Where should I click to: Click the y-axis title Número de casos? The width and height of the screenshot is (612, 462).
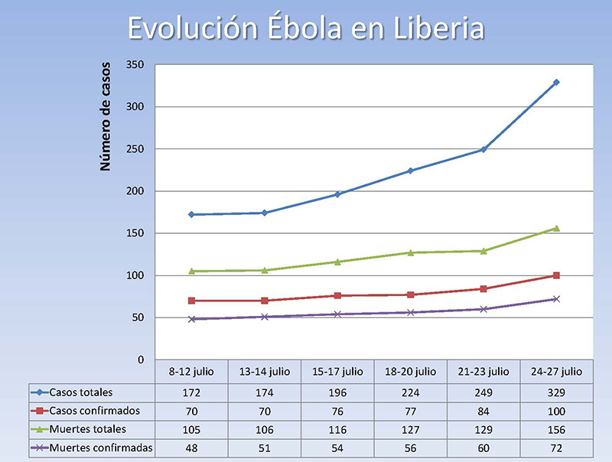[106, 116]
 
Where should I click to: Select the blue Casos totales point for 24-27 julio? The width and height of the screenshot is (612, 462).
[556, 82]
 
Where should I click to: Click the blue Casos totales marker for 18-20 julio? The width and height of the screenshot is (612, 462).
[411, 171]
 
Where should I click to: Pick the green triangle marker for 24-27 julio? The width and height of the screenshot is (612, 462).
[556, 228]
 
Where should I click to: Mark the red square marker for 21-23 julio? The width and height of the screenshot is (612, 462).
[483, 288]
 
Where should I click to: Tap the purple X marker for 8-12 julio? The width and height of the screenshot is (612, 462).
[192, 319]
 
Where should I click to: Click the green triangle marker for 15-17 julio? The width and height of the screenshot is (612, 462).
[338, 262]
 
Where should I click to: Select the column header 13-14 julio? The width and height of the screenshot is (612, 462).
[265, 372]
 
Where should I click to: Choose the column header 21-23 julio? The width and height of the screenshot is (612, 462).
[483, 372]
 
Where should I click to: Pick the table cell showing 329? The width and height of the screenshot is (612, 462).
[556, 392]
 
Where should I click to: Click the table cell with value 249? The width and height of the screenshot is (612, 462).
[483, 392]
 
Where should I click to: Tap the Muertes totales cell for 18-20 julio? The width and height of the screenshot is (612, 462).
[411, 429]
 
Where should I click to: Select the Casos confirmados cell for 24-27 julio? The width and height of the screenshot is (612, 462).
[556, 411]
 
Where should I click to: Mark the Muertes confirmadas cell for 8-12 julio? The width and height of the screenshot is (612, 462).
[192, 447]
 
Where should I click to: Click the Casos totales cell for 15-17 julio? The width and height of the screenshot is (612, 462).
[338, 392]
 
